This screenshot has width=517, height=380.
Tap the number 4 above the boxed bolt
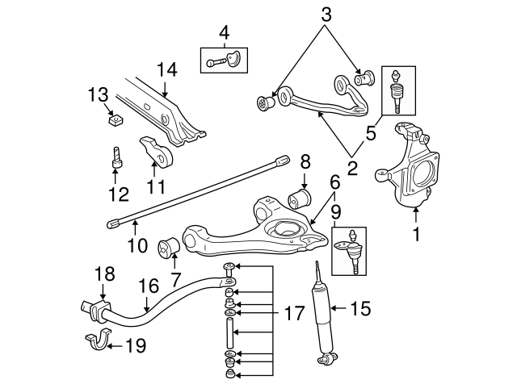[224, 32]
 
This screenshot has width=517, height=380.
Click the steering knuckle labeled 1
[412, 165]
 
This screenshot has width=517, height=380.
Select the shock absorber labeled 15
[324, 315]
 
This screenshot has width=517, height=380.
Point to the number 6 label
[332, 185]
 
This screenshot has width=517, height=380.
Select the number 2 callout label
[352, 169]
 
